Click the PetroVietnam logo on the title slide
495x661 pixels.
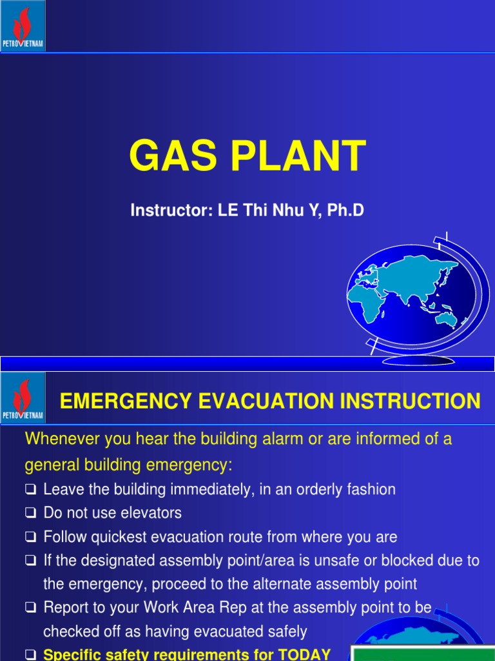pos(23,26)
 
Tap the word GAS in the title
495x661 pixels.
pos(168,157)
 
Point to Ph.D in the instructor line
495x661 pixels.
pos(345,210)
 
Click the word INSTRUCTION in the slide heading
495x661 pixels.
pos(413,401)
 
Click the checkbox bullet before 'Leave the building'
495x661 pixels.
pos(30,490)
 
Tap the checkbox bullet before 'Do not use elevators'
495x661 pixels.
pos(30,514)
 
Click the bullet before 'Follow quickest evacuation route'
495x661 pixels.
pos(30,538)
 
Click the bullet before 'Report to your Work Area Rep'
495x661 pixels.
pos(30,609)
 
